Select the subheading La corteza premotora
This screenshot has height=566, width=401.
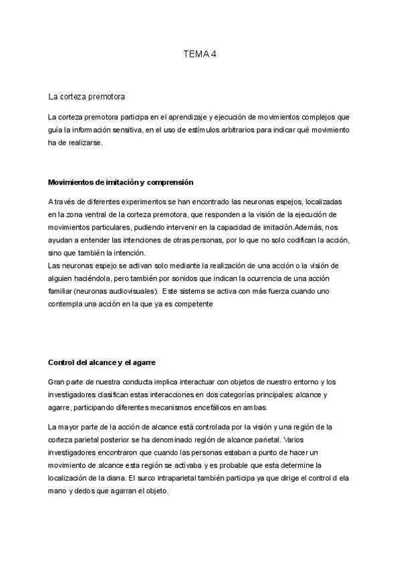click(88, 97)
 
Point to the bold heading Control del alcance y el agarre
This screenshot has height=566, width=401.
click(102, 362)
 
